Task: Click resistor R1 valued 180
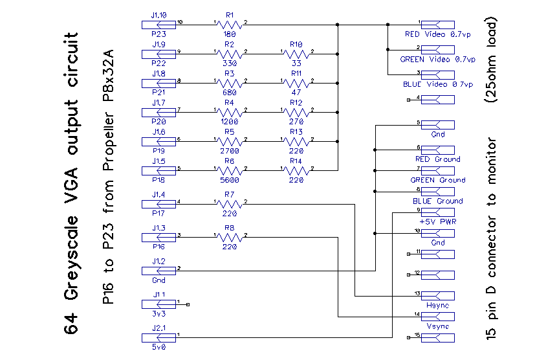click(x=230, y=25)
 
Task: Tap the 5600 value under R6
click(x=230, y=181)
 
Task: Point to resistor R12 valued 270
click(x=296, y=112)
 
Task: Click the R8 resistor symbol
click(x=230, y=238)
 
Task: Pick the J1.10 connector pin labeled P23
click(x=158, y=25)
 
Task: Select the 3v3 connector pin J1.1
click(x=158, y=304)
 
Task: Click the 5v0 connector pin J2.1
click(x=158, y=337)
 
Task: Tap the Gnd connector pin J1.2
click(x=158, y=270)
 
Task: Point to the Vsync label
click(x=437, y=326)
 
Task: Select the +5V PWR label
click(x=437, y=221)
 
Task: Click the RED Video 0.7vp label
click(x=439, y=34)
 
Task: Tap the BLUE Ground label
click(x=437, y=201)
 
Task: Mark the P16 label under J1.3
click(x=158, y=247)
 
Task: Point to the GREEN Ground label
click(x=437, y=180)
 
